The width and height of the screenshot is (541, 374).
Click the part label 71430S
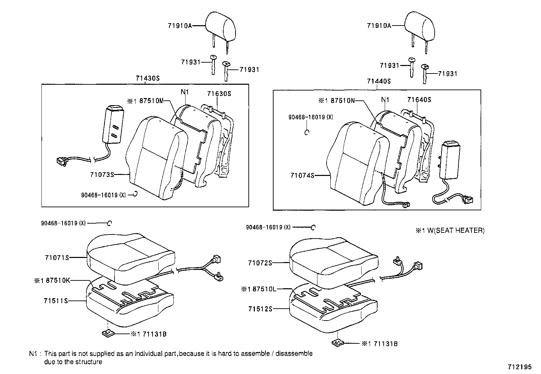click(148, 78)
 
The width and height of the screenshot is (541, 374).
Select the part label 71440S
click(379, 81)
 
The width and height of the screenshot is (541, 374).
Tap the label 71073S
click(102, 175)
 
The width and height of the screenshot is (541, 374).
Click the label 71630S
click(219, 94)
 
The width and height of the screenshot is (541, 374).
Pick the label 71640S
click(419, 100)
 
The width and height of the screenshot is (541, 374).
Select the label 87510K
click(57, 281)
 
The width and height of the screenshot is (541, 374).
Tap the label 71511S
click(56, 301)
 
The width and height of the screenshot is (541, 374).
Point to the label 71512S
click(260, 309)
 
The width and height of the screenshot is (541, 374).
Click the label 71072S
click(260, 263)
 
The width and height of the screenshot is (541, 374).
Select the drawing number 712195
click(519, 367)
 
